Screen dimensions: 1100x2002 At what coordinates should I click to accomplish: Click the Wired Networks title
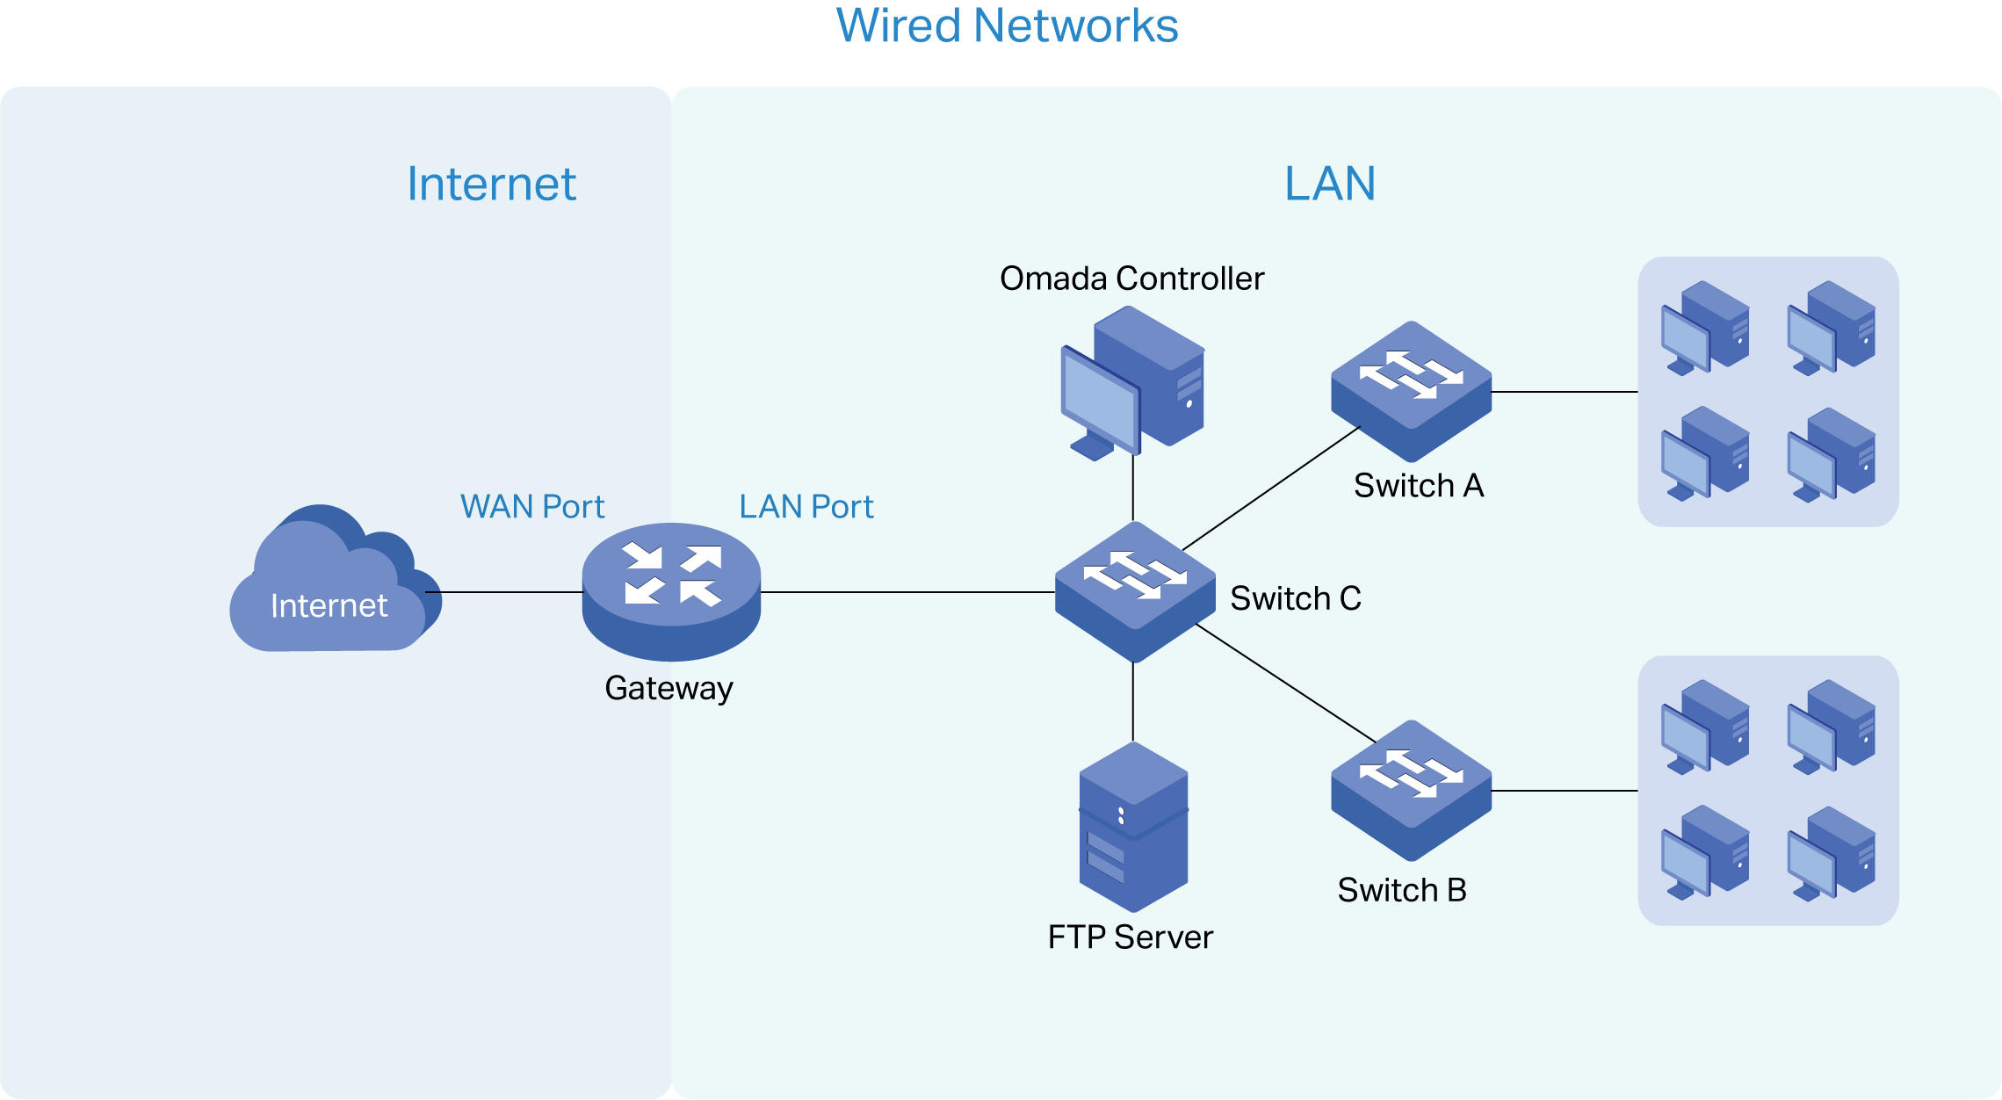1006,26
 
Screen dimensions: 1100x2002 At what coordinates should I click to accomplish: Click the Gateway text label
669,688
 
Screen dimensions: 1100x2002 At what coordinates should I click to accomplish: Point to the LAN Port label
806,507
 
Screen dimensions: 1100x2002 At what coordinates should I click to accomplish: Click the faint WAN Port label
532,507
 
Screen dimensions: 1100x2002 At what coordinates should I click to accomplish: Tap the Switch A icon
1411,390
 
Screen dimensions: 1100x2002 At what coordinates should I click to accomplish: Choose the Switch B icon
1411,789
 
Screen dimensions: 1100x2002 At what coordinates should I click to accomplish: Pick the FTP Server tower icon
1133,826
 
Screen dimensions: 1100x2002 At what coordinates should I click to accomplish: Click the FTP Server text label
1130,937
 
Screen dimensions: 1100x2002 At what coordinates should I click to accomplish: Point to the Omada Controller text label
1131,279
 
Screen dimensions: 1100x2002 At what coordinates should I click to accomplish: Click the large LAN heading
1329,185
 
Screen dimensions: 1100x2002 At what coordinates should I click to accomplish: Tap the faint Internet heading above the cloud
491,185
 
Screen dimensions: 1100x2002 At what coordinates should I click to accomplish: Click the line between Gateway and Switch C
905,592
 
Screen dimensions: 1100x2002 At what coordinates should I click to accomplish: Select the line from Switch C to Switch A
1271,488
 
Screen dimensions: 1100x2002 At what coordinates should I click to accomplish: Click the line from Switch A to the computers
1564,392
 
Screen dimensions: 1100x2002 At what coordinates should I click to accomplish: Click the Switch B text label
1401,890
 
